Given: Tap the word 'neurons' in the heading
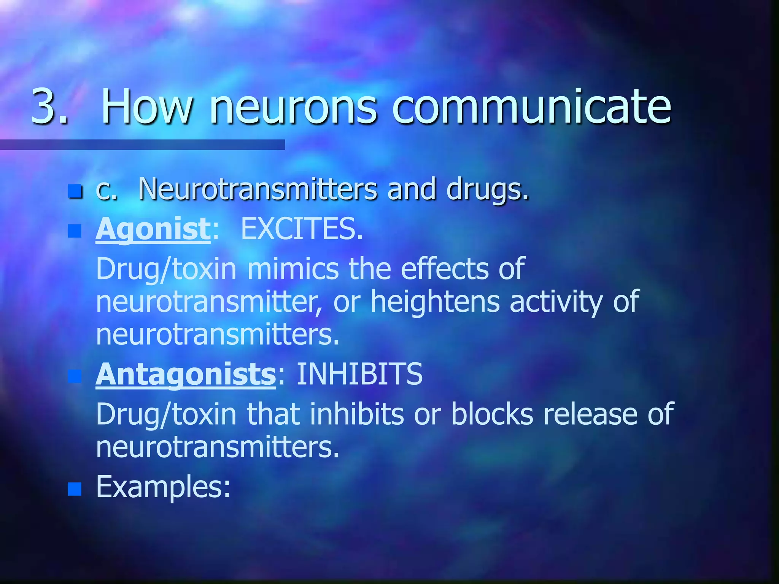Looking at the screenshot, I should click(x=293, y=107).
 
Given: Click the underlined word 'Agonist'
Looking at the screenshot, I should click(x=153, y=230).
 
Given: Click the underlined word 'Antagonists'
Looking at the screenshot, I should click(x=186, y=375).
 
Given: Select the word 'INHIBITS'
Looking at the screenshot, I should click(x=359, y=374).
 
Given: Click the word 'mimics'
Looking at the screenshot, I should click(x=293, y=269).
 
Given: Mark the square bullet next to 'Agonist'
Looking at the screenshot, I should click(x=75, y=231).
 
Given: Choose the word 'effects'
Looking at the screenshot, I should click(x=445, y=268).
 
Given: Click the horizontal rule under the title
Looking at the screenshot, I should click(x=142, y=144).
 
